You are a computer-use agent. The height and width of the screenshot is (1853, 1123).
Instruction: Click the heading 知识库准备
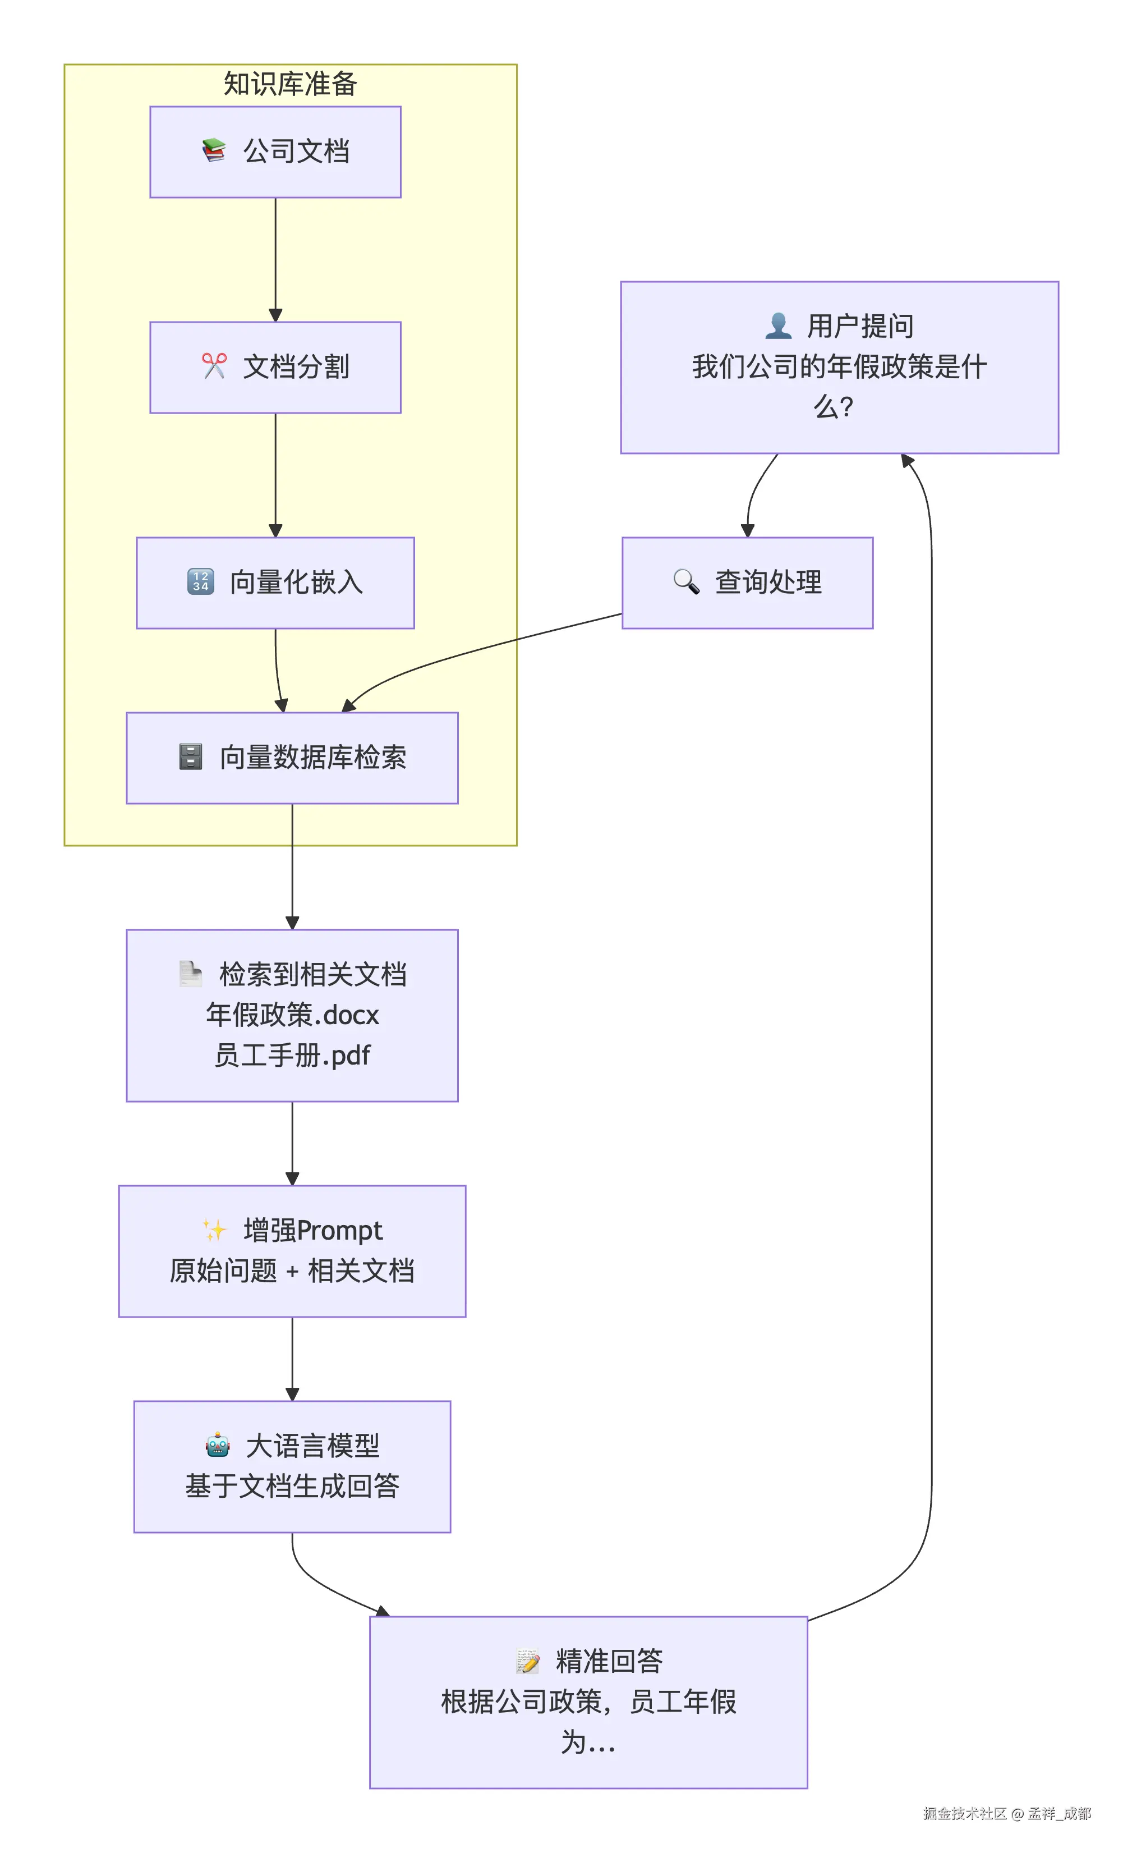tap(289, 84)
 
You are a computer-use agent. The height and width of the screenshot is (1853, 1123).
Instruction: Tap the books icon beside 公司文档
tap(214, 150)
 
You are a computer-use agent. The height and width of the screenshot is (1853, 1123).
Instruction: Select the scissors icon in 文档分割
tap(214, 366)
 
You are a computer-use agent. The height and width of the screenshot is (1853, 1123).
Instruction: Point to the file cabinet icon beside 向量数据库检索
tap(191, 756)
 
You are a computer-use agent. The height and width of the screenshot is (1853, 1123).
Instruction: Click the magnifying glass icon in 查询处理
tap(685, 581)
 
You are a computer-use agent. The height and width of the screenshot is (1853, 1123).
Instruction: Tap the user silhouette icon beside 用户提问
tap(778, 325)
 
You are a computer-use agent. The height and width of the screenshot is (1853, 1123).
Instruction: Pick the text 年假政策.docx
tap(292, 1015)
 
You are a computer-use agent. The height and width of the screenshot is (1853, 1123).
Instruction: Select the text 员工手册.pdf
tap(292, 1056)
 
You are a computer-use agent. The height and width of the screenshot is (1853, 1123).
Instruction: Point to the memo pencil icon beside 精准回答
tap(528, 1661)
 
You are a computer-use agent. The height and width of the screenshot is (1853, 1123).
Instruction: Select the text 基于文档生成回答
tap(292, 1487)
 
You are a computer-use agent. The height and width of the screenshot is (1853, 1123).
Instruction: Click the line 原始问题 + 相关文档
tap(292, 1272)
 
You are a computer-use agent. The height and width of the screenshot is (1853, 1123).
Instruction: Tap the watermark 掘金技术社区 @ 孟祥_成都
tap(1006, 1813)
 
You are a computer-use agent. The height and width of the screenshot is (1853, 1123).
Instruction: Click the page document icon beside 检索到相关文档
tap(191, 974)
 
